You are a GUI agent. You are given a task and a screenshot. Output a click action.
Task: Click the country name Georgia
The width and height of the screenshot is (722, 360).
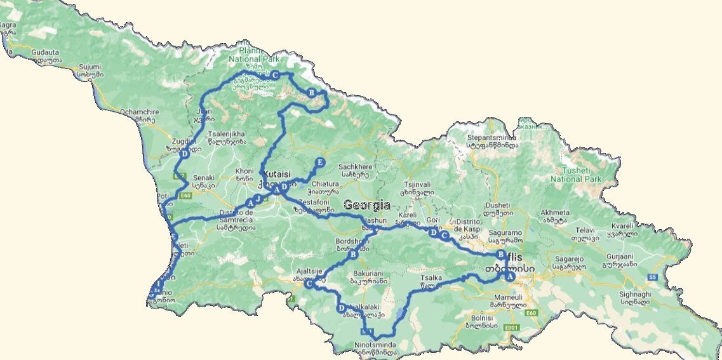(367, 205)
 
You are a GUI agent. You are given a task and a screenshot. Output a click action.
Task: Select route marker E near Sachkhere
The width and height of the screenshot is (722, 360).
(320, 162)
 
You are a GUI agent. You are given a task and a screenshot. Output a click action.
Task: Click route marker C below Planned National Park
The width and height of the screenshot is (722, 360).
(275, 74)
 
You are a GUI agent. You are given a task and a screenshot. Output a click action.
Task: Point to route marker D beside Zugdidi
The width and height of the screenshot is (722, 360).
(184, 154)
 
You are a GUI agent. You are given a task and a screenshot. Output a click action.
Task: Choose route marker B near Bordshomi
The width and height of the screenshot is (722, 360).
(353, 255)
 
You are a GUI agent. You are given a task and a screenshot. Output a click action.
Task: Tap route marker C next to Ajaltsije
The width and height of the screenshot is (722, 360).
(309, 284)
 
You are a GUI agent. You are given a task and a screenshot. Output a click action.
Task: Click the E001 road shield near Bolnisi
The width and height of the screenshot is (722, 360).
(511, 327)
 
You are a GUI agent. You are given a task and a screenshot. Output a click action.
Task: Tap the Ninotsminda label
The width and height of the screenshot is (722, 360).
(375, 346)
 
